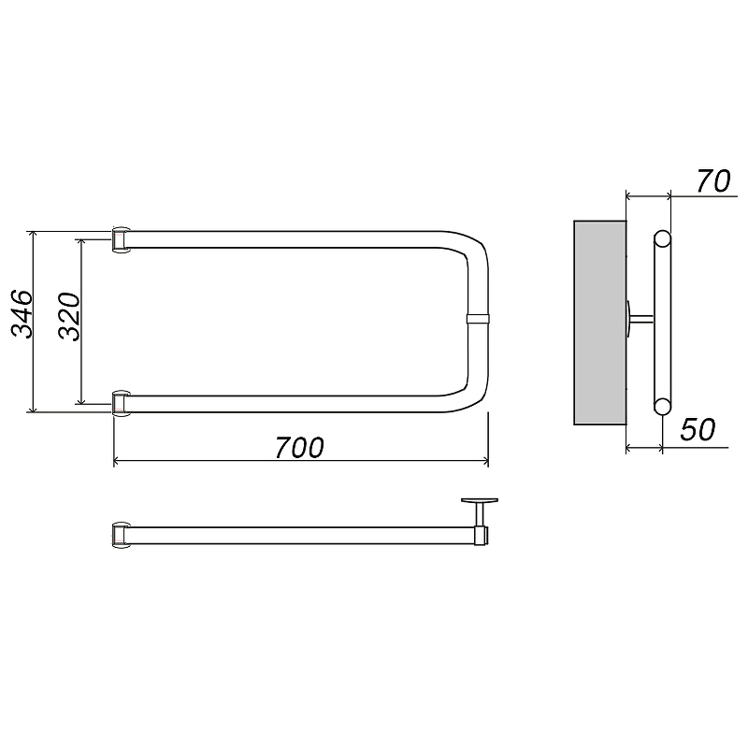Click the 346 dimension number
pyautogui.click(x=22, y=313)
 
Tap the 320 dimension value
pyautogui.click(x=69, y=316)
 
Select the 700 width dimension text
pyautogui.click(x=299, y=448)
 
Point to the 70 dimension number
pyautogui.click(x=713, y=181)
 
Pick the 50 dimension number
pyautogui.click(x=698, y=429)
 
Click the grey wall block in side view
pyautogui.click(x=599, y=323)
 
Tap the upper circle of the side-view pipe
pyautogui.click(x=662, y=238)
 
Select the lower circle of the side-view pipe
pyautogui.click(x=662, y=407)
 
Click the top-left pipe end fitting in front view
pyautogui.click(x=121, y=239)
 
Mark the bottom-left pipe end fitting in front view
pyautogui.click(x=121, y=404)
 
